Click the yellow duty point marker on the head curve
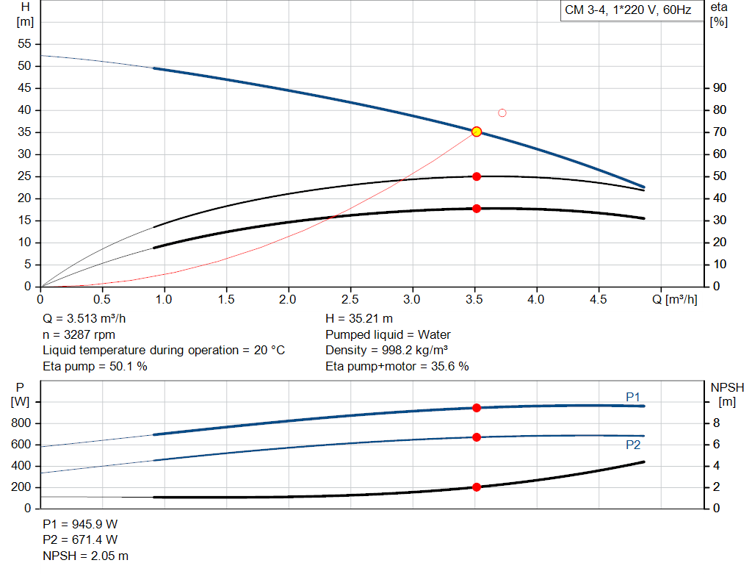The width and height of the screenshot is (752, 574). point(477,132)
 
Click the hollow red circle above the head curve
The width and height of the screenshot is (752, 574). point(502,112)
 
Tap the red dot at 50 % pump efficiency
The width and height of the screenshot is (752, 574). point(477,176)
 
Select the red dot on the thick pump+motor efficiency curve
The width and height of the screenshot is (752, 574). point(477,209)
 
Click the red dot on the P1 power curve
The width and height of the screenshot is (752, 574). point(477,408)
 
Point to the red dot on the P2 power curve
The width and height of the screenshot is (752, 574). point(477,437)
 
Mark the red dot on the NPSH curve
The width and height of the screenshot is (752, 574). point(477,487)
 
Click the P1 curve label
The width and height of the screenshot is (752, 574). point(632,397)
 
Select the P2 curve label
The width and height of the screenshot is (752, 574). point(632,445)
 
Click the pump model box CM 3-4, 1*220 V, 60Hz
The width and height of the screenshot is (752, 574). point(628,11)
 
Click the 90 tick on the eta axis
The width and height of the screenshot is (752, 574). point(719,88)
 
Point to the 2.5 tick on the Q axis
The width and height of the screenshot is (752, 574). point(351,300)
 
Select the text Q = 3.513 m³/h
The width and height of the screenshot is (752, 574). point(90,319)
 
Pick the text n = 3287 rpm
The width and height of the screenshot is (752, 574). point(79,334)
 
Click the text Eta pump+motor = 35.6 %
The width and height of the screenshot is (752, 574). point(397,366)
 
